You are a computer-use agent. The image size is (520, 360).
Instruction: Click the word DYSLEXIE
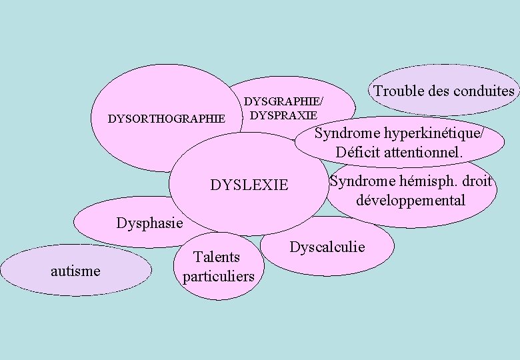pos(249,185)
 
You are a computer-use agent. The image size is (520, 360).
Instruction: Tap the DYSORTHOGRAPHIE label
pos(166,119)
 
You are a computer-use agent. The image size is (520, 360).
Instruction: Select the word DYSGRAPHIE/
pos(284,101)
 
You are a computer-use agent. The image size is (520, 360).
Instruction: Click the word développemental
pos(410,200)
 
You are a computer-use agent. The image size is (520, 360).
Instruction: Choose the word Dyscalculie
pos(327,247)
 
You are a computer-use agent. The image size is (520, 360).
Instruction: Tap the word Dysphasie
pos(149,223)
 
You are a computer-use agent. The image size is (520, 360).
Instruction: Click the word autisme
pos(76,270)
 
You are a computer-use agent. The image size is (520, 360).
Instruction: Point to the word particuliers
pos(219,275)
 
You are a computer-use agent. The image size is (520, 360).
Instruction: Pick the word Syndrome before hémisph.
pos(361,181)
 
